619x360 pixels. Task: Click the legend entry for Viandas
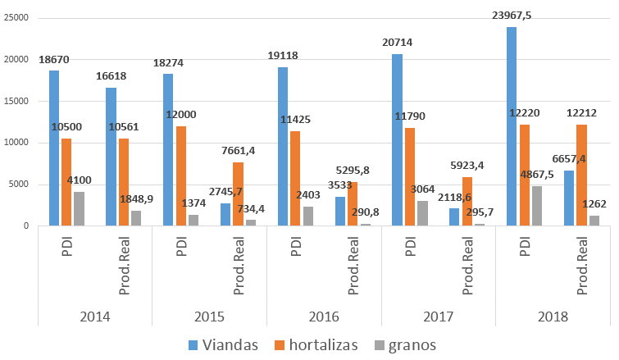(225, 344)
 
